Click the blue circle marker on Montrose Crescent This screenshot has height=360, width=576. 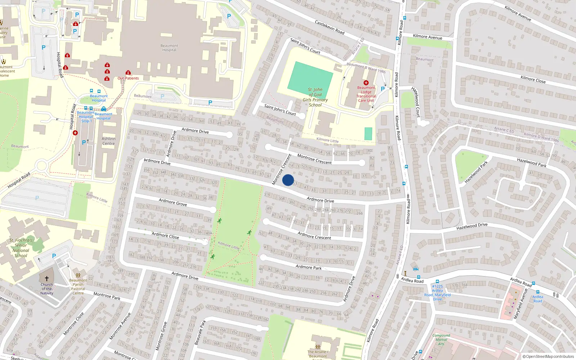coord(288,180)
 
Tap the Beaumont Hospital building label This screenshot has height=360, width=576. coord(169,48)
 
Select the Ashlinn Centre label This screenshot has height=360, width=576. coord(108,141)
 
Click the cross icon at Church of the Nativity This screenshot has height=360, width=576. coord(46,279)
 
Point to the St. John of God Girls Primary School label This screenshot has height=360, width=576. coord(315,97)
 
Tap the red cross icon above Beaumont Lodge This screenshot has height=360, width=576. coord(366,83)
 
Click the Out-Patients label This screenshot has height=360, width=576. coord(128,78)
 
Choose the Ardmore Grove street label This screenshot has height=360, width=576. coord(173,202)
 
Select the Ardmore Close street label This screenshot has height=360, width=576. coord(165,235)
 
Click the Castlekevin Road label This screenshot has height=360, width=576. coord(329,27)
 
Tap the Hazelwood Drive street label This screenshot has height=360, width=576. coord(472,226)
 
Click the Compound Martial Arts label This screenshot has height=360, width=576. coord(441,339)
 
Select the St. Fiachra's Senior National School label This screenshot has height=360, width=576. coord(21,248)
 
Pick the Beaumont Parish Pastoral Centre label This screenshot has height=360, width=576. coord(78,287)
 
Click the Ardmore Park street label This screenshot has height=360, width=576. coord(309,267)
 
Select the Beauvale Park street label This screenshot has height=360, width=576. coord(201,332)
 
